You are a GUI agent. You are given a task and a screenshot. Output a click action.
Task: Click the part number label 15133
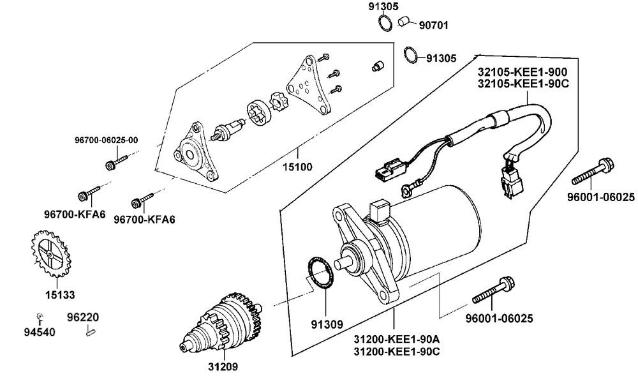(x=60, y=295)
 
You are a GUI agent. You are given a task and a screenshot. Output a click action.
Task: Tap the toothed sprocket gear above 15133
(x=50, y=253)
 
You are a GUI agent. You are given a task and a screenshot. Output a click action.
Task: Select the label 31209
(x=223, y=366)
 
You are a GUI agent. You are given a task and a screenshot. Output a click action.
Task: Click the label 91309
(x=327, y=324)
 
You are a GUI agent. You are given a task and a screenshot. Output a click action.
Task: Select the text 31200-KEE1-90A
(x=397, y=339)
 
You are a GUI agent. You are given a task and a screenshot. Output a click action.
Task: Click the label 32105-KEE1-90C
(x=523, y=84)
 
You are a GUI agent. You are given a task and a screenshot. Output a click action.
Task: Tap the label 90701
(x=434, y=26)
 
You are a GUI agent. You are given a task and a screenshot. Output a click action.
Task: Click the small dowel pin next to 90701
(x=403, y=21)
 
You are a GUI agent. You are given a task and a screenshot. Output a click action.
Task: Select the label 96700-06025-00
(x=106, y=140)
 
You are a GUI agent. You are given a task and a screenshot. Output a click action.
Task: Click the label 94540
(x=40, y=332)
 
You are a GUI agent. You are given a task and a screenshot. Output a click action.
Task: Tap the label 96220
(x=83, y=317)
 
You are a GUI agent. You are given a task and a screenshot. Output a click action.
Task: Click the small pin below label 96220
(x=91, y=332)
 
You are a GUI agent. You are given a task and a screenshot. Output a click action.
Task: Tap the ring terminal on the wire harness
(x=406, y=188)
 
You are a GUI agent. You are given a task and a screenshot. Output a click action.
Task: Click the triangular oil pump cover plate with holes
(x=308, y=86)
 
